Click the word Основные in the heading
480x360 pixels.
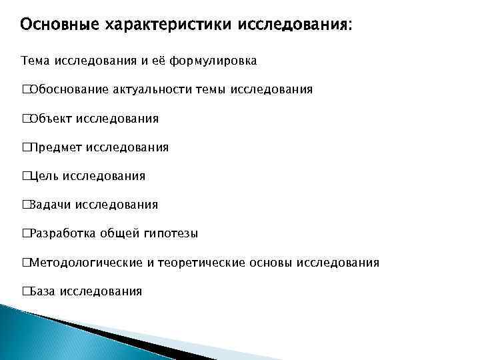tap(59, 25)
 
